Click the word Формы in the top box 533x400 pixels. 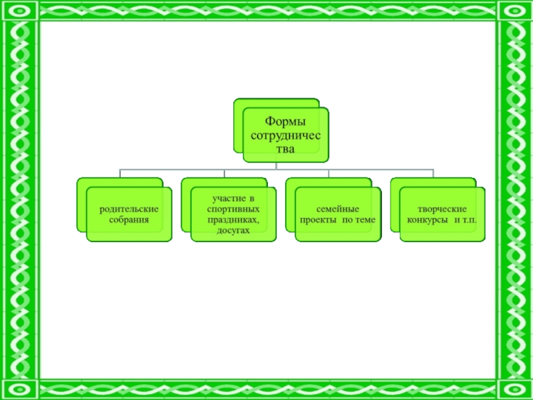coord(285,122)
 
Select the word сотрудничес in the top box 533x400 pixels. coord(285,136)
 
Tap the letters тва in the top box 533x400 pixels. coord(285,149)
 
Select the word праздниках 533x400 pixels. coord(233,219)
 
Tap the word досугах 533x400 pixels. coord(233,230)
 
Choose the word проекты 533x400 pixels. coord(320,219)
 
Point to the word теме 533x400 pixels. coord(364,219)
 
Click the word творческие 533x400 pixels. coord(442,209)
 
